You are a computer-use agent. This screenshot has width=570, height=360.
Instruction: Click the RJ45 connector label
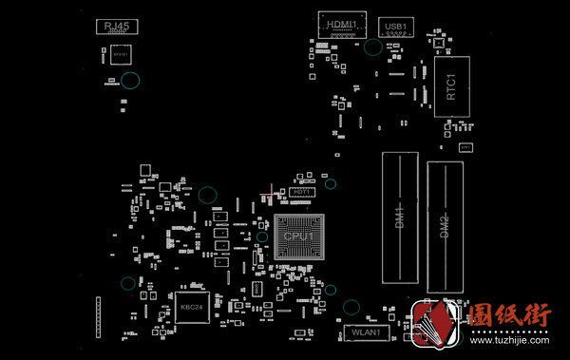[117, 26]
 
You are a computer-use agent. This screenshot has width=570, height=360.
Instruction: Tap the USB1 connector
[396, 27]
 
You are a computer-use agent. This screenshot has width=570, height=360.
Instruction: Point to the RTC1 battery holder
[452, 86]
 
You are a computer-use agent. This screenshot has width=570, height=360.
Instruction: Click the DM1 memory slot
[400, 218]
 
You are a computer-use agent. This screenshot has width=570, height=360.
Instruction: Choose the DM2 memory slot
[445, 226]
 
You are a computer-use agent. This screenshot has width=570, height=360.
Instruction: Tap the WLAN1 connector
[366, 332]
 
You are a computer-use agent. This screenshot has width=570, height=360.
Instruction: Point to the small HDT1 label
[303, 192]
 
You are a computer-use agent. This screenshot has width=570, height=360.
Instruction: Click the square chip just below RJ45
[120, 55]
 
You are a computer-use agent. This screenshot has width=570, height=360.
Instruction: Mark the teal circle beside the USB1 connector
[373, 46]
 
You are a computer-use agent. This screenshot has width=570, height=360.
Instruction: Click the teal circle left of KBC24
[127, 283]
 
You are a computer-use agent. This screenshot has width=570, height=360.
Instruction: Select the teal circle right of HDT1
[331, 183]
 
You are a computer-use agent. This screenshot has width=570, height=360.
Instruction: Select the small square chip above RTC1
[439, 43]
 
